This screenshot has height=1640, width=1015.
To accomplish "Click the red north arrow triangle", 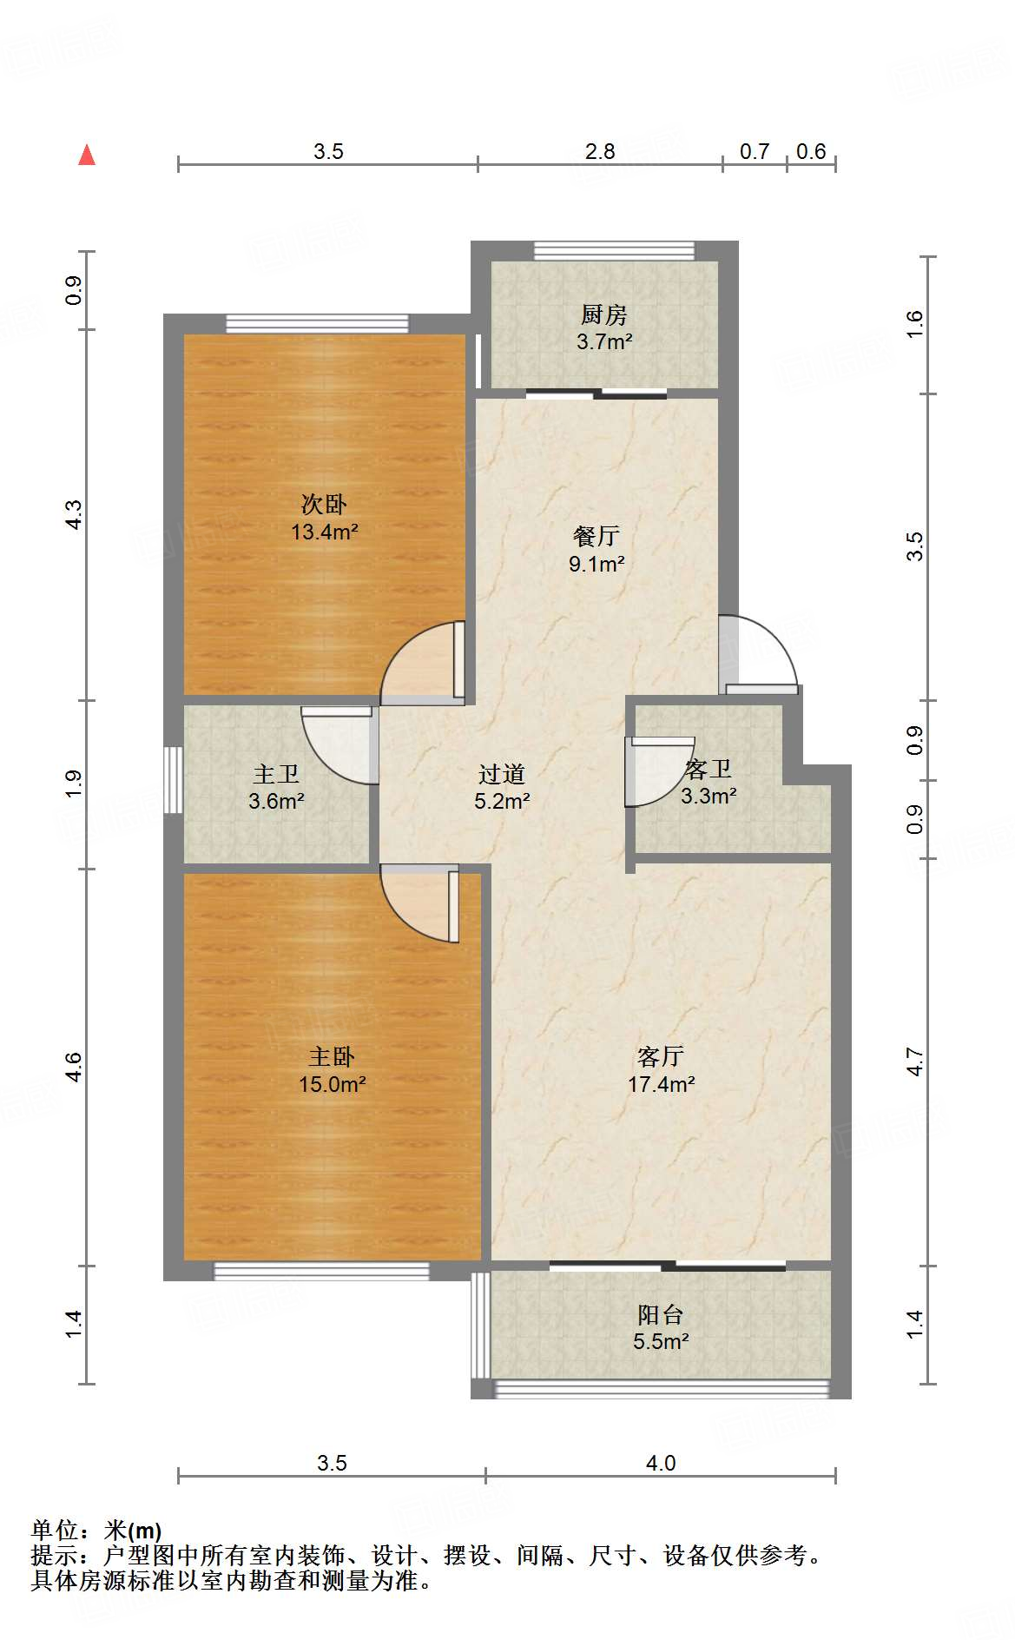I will pyautogui.click(x=87, y=155).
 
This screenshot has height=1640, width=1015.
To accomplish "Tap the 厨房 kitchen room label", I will pyautogui.click(x=604, y=314).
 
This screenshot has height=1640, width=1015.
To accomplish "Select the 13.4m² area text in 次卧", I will pyautogui.click(x=324, y=532).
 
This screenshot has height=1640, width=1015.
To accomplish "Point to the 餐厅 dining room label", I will pyautogui.click(x=596, y=536).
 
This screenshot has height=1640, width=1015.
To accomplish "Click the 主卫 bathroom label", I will pyautogui.click(x=276, y=773).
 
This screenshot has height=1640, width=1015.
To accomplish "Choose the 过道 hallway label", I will pyautogui.click(x=502, y=773).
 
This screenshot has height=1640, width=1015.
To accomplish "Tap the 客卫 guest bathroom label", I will pyautogui.click(x=709, y=769).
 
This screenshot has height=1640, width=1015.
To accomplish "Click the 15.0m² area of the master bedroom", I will pyautogui.click(x=332, y=1084).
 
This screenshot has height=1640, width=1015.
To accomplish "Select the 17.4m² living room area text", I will pyautogui.click(x=661, y=1084).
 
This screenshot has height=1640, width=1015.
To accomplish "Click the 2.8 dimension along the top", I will pyautogui.click(x=600, y=152).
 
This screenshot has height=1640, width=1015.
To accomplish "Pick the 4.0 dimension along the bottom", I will pyautogui.click(x=661, y=1464).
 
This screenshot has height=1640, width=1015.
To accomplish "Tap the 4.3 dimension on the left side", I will pyautogui.click(x=75, y=514).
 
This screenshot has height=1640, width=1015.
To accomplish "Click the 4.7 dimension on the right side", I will pyautogui.click(x=914, y=1061).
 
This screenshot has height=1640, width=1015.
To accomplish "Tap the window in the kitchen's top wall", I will pyautogui.click(x=615, y=251).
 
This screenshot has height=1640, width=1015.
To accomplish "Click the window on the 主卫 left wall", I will pyautogui.click(x=174, y=779).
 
